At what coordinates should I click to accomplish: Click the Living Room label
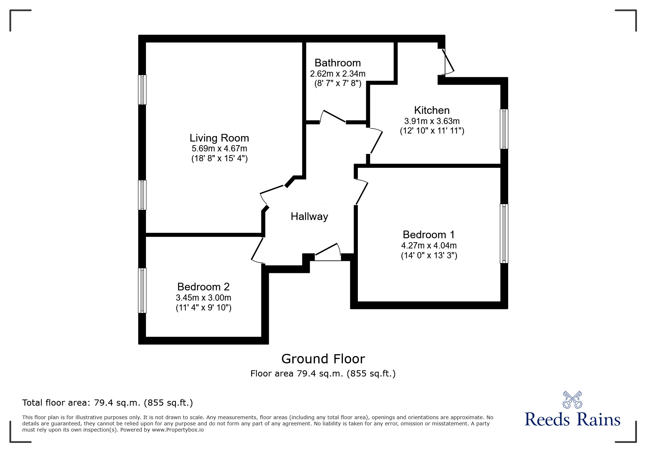[x=219, y=138]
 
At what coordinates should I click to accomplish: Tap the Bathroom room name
[x=338, y=63]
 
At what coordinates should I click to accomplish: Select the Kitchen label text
[x=432, y=110]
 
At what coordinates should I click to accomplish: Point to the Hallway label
[x=309, y=217]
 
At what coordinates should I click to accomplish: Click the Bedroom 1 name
[x=429, y=235]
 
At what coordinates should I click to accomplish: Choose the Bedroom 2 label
[x=204, y=287]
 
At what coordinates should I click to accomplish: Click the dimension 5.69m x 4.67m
[x=219, y=149]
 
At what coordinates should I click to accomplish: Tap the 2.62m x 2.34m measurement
[x=338, y=74]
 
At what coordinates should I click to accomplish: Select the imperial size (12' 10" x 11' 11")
[x=432, y=131]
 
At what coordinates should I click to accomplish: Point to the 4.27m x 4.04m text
[x=429, y=246]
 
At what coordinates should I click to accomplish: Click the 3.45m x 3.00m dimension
[x=204, y=298]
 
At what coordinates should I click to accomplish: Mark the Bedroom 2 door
[x=258, y=250]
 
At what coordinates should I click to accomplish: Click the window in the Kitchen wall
[x=504, y=129]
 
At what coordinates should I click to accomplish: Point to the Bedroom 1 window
[x=504, y=233]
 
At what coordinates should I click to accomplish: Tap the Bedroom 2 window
[x=142, y=290]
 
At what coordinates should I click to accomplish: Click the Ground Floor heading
[x=323, y=359]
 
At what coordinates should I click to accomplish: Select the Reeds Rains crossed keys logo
[x=572, y=399]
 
